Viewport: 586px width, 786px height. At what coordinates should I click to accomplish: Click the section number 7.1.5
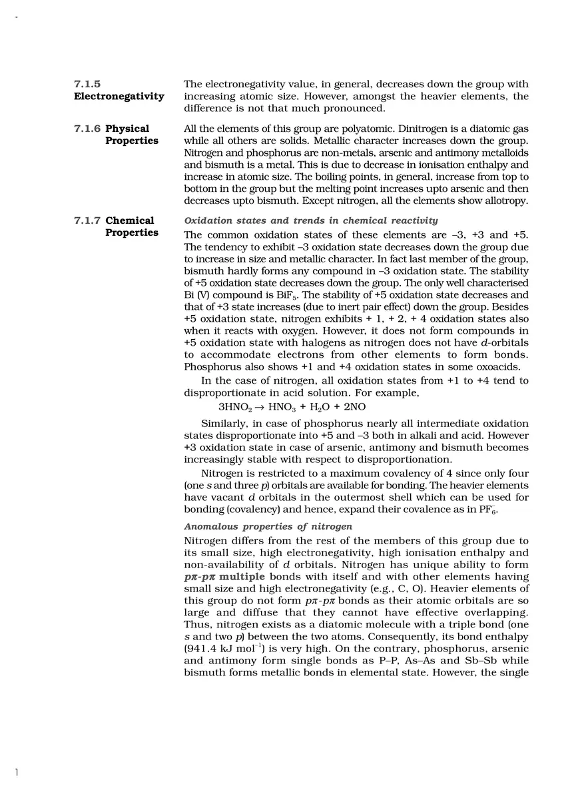pos(87,85)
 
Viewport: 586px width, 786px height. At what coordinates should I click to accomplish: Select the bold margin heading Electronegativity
pos(119,97)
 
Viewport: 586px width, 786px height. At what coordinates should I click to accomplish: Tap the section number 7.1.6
pos(87,129)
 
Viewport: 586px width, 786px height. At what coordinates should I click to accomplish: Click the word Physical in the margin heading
pos(127,129)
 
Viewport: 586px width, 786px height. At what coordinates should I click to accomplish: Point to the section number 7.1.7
pos(87,220)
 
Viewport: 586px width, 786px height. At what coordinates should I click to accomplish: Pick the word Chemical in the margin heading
pos(129,220)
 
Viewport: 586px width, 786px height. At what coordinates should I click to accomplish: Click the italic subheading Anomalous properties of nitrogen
pos(268,527)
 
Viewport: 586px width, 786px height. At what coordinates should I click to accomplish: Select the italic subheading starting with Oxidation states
pos(310,220)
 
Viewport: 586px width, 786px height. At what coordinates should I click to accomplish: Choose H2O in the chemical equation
pos(312,407)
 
